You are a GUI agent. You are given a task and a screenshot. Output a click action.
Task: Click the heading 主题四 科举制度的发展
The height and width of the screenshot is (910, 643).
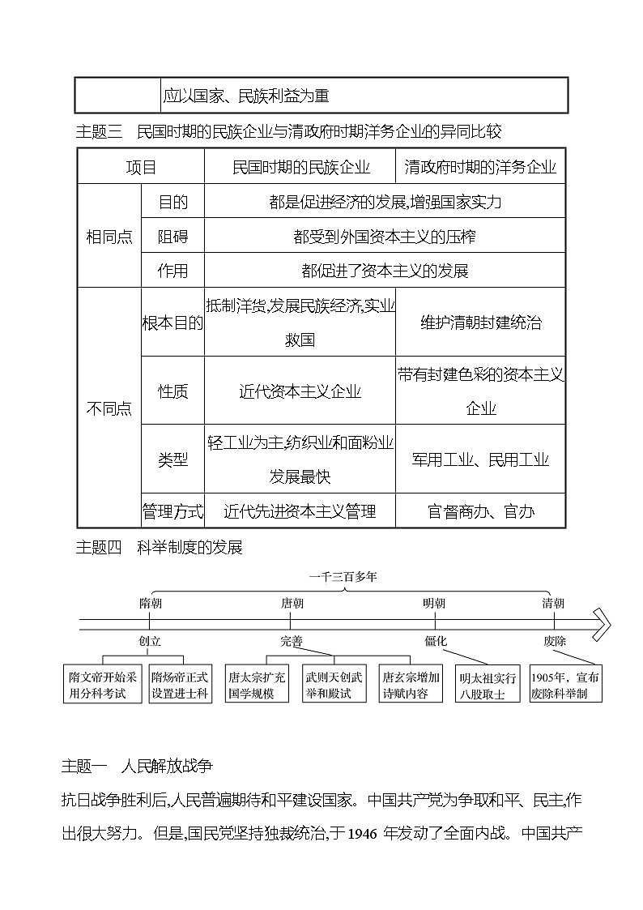tap(159, 547)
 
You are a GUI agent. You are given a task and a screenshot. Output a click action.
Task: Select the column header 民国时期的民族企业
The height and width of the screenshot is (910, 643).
tap(300, 168)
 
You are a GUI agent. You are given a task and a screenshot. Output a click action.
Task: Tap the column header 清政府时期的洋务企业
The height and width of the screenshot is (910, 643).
tap(480, 168)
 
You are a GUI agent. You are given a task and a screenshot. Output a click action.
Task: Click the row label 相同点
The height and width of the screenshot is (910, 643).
tap(109, 237)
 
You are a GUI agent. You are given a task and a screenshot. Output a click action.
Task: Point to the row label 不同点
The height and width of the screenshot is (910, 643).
tap(109, 408)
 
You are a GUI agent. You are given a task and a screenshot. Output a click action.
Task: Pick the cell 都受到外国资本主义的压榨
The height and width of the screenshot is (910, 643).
tap(384, 237)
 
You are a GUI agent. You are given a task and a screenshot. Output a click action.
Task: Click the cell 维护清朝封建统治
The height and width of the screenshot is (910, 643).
tap(480, 323)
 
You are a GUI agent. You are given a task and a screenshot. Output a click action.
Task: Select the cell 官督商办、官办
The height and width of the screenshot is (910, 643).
tap(480, 511)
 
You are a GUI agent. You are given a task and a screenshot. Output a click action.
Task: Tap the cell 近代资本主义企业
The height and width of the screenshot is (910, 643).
tap(300, 391)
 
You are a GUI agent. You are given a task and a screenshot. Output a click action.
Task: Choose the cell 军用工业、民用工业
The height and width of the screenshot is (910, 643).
tap(480, 459)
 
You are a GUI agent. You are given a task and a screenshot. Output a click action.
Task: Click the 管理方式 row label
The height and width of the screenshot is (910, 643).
tap(172, 511)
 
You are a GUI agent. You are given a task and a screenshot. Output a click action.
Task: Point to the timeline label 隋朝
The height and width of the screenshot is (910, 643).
tap(151, 603)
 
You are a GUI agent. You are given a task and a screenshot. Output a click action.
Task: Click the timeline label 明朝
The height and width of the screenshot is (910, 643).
tap(434, 603)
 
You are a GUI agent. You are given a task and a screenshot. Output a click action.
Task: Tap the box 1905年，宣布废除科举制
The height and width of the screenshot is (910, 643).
tap(565, 686)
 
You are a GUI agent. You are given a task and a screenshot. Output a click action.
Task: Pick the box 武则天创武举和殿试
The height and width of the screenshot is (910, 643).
tap(334, 685)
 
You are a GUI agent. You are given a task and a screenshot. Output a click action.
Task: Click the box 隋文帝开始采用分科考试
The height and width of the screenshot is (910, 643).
tap(103, 685)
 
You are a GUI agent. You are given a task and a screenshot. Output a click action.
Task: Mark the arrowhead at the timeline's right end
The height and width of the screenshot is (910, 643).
tap(600, 623)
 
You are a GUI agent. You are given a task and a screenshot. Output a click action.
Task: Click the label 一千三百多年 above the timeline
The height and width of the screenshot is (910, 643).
tap(343, 577)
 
